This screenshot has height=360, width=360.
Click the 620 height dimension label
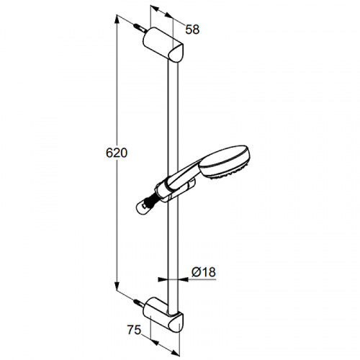[x=117, y=153]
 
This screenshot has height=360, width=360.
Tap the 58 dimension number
[x=192, y=30]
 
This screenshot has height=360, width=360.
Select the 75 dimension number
[x=134, y=330]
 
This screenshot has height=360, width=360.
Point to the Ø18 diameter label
[x=204, y=272]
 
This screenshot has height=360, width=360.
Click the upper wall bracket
[x=163, y=45]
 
